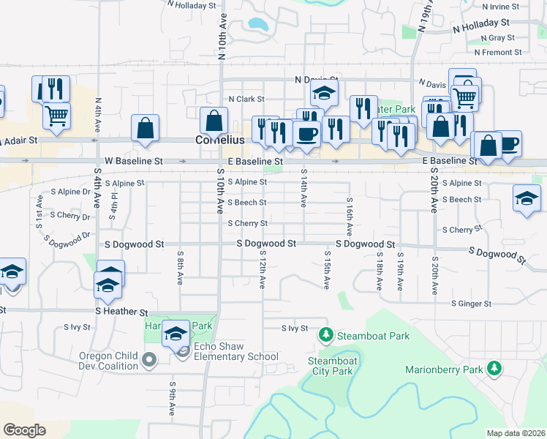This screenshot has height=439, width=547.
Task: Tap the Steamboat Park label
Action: point(372,336)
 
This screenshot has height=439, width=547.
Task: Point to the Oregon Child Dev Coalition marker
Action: point(150,360)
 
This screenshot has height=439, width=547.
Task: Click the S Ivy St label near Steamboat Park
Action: point(295,329)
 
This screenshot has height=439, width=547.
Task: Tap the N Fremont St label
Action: point(497,53)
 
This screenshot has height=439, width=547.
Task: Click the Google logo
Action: point(24,429)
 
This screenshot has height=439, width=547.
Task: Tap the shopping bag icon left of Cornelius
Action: point(146,128)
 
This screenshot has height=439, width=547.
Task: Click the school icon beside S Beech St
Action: point(527,199)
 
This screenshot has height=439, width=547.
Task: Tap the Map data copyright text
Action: point(514,433)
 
